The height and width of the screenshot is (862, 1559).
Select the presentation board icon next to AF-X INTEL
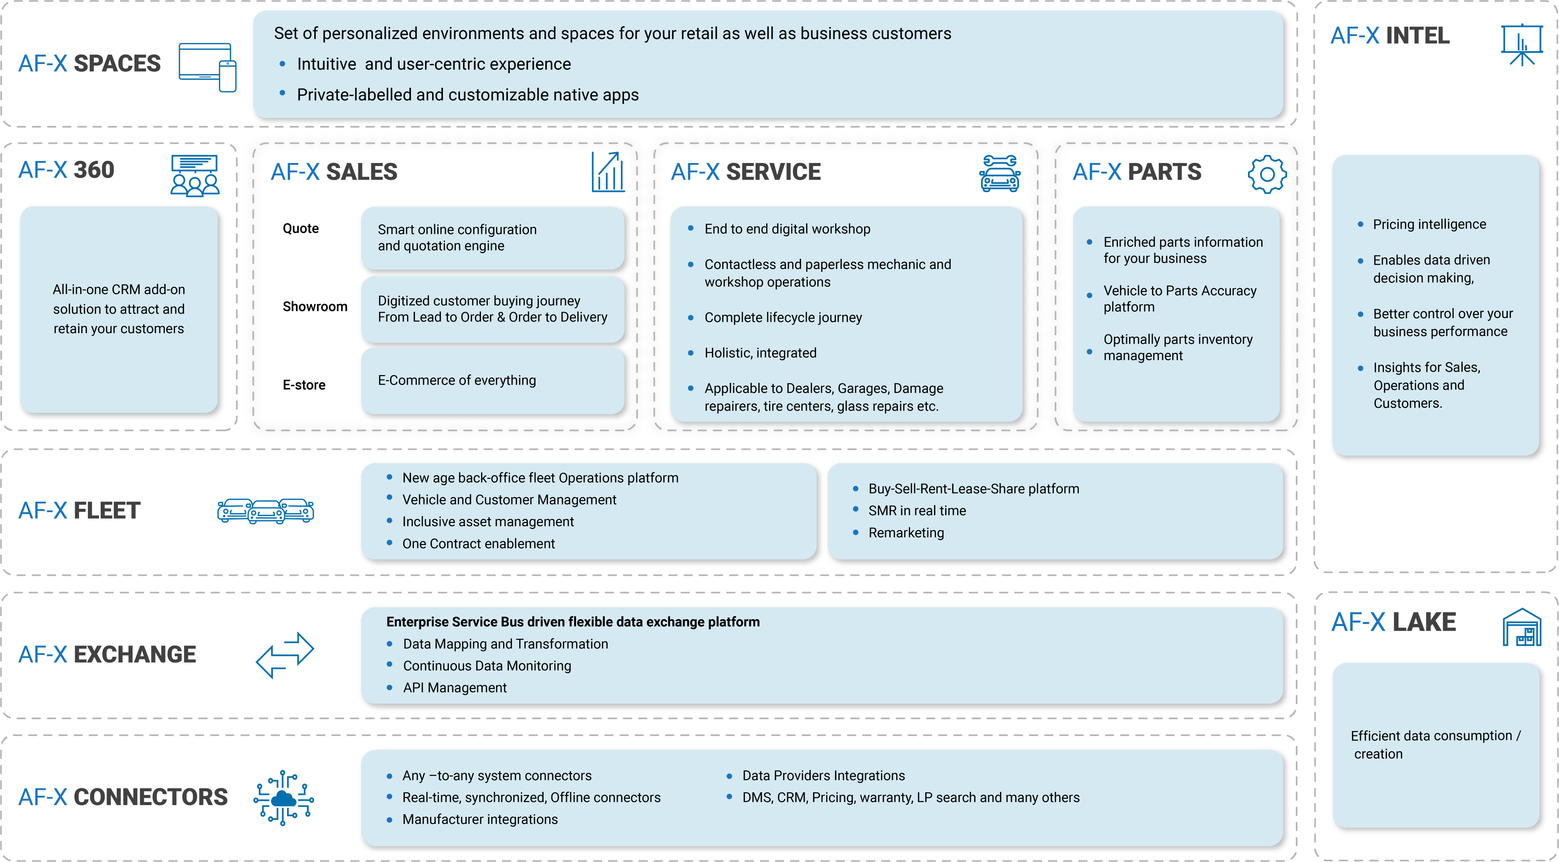(1522, 45)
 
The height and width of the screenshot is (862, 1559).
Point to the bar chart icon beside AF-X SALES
(608, 172)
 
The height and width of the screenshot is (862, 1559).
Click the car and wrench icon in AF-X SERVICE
(1000, 174)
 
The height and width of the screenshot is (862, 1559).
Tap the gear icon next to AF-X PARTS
(1267, 174)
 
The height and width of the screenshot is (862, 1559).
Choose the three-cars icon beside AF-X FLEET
(266, 511)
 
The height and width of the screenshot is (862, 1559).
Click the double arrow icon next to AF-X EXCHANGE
(285, 655)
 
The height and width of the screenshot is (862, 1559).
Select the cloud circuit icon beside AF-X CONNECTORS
(283, 798)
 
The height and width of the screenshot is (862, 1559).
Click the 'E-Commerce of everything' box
(492, 380)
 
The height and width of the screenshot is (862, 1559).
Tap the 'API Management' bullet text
(454, 688)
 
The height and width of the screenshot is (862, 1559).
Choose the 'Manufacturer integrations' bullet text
(480, 819)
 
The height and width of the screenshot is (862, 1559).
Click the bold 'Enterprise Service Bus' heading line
(573, 622)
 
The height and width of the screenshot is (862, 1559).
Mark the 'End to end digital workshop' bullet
(787, 229)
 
